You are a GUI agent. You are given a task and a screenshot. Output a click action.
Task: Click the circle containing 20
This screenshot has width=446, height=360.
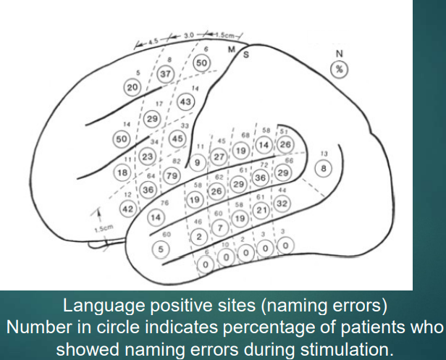[132, 86]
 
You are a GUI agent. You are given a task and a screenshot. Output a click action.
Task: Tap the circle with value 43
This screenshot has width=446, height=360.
[185, 103]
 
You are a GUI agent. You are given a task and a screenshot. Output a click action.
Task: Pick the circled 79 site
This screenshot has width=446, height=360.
[172, 175]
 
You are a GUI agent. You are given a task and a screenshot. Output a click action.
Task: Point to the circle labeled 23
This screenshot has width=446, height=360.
[147, 156]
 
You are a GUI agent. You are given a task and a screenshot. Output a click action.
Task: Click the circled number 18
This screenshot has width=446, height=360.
[122, 172]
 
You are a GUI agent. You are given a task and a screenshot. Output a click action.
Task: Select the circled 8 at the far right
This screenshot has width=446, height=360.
[324, 167]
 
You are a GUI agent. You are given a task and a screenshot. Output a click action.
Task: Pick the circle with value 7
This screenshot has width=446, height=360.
[219, 229]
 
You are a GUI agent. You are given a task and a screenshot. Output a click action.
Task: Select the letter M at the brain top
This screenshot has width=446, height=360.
[232, 50]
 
